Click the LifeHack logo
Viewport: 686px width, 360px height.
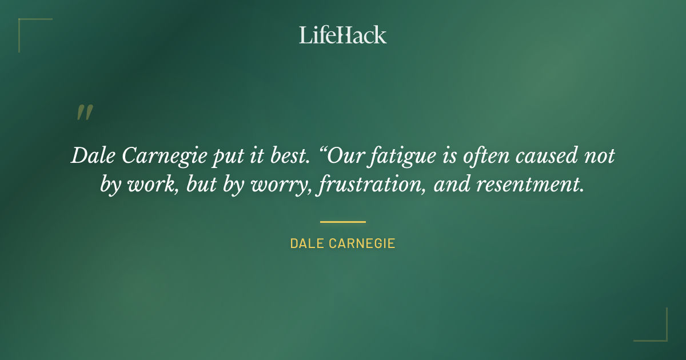pos(342,35)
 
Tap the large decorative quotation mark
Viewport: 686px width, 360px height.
pos(84,113)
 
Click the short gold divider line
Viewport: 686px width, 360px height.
pos(342,222)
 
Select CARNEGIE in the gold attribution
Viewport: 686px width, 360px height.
pos(362,243)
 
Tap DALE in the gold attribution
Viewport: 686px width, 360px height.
pos(306,243)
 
